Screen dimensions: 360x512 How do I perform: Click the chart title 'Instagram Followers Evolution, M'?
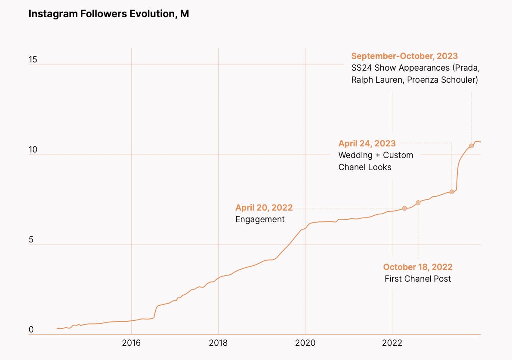tap(109, 14)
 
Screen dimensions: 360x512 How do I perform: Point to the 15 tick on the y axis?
tap(33, 60)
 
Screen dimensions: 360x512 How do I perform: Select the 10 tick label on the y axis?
tap(33, 150)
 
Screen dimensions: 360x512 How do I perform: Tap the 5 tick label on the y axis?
tap(31, 240)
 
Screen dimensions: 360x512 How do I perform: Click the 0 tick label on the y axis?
tap(31, 330)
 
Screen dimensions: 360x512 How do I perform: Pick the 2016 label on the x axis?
tap(131, 343)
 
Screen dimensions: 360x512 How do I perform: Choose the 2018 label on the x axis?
tap(218, 343)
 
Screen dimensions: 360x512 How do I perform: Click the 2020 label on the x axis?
tap(305, 343)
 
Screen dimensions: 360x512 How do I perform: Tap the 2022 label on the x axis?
tap(392, 343)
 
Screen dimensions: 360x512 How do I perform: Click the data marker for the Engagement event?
tap(404, 208)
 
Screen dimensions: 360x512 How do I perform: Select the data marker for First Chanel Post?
tap(418, 202)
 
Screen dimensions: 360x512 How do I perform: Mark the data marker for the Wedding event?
tap(451, 192)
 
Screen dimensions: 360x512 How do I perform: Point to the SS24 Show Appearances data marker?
tap(471, 146)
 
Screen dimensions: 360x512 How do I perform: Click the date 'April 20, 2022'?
tap(264, 208)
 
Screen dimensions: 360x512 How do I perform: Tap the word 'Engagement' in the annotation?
tap(260, 219)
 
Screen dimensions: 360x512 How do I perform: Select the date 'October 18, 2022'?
tap(418, 267)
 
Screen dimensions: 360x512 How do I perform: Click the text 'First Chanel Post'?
tap(418, 279)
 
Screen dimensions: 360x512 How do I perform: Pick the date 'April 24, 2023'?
tap(367, 144)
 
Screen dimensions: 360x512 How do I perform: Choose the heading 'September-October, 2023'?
tap(404, 56)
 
